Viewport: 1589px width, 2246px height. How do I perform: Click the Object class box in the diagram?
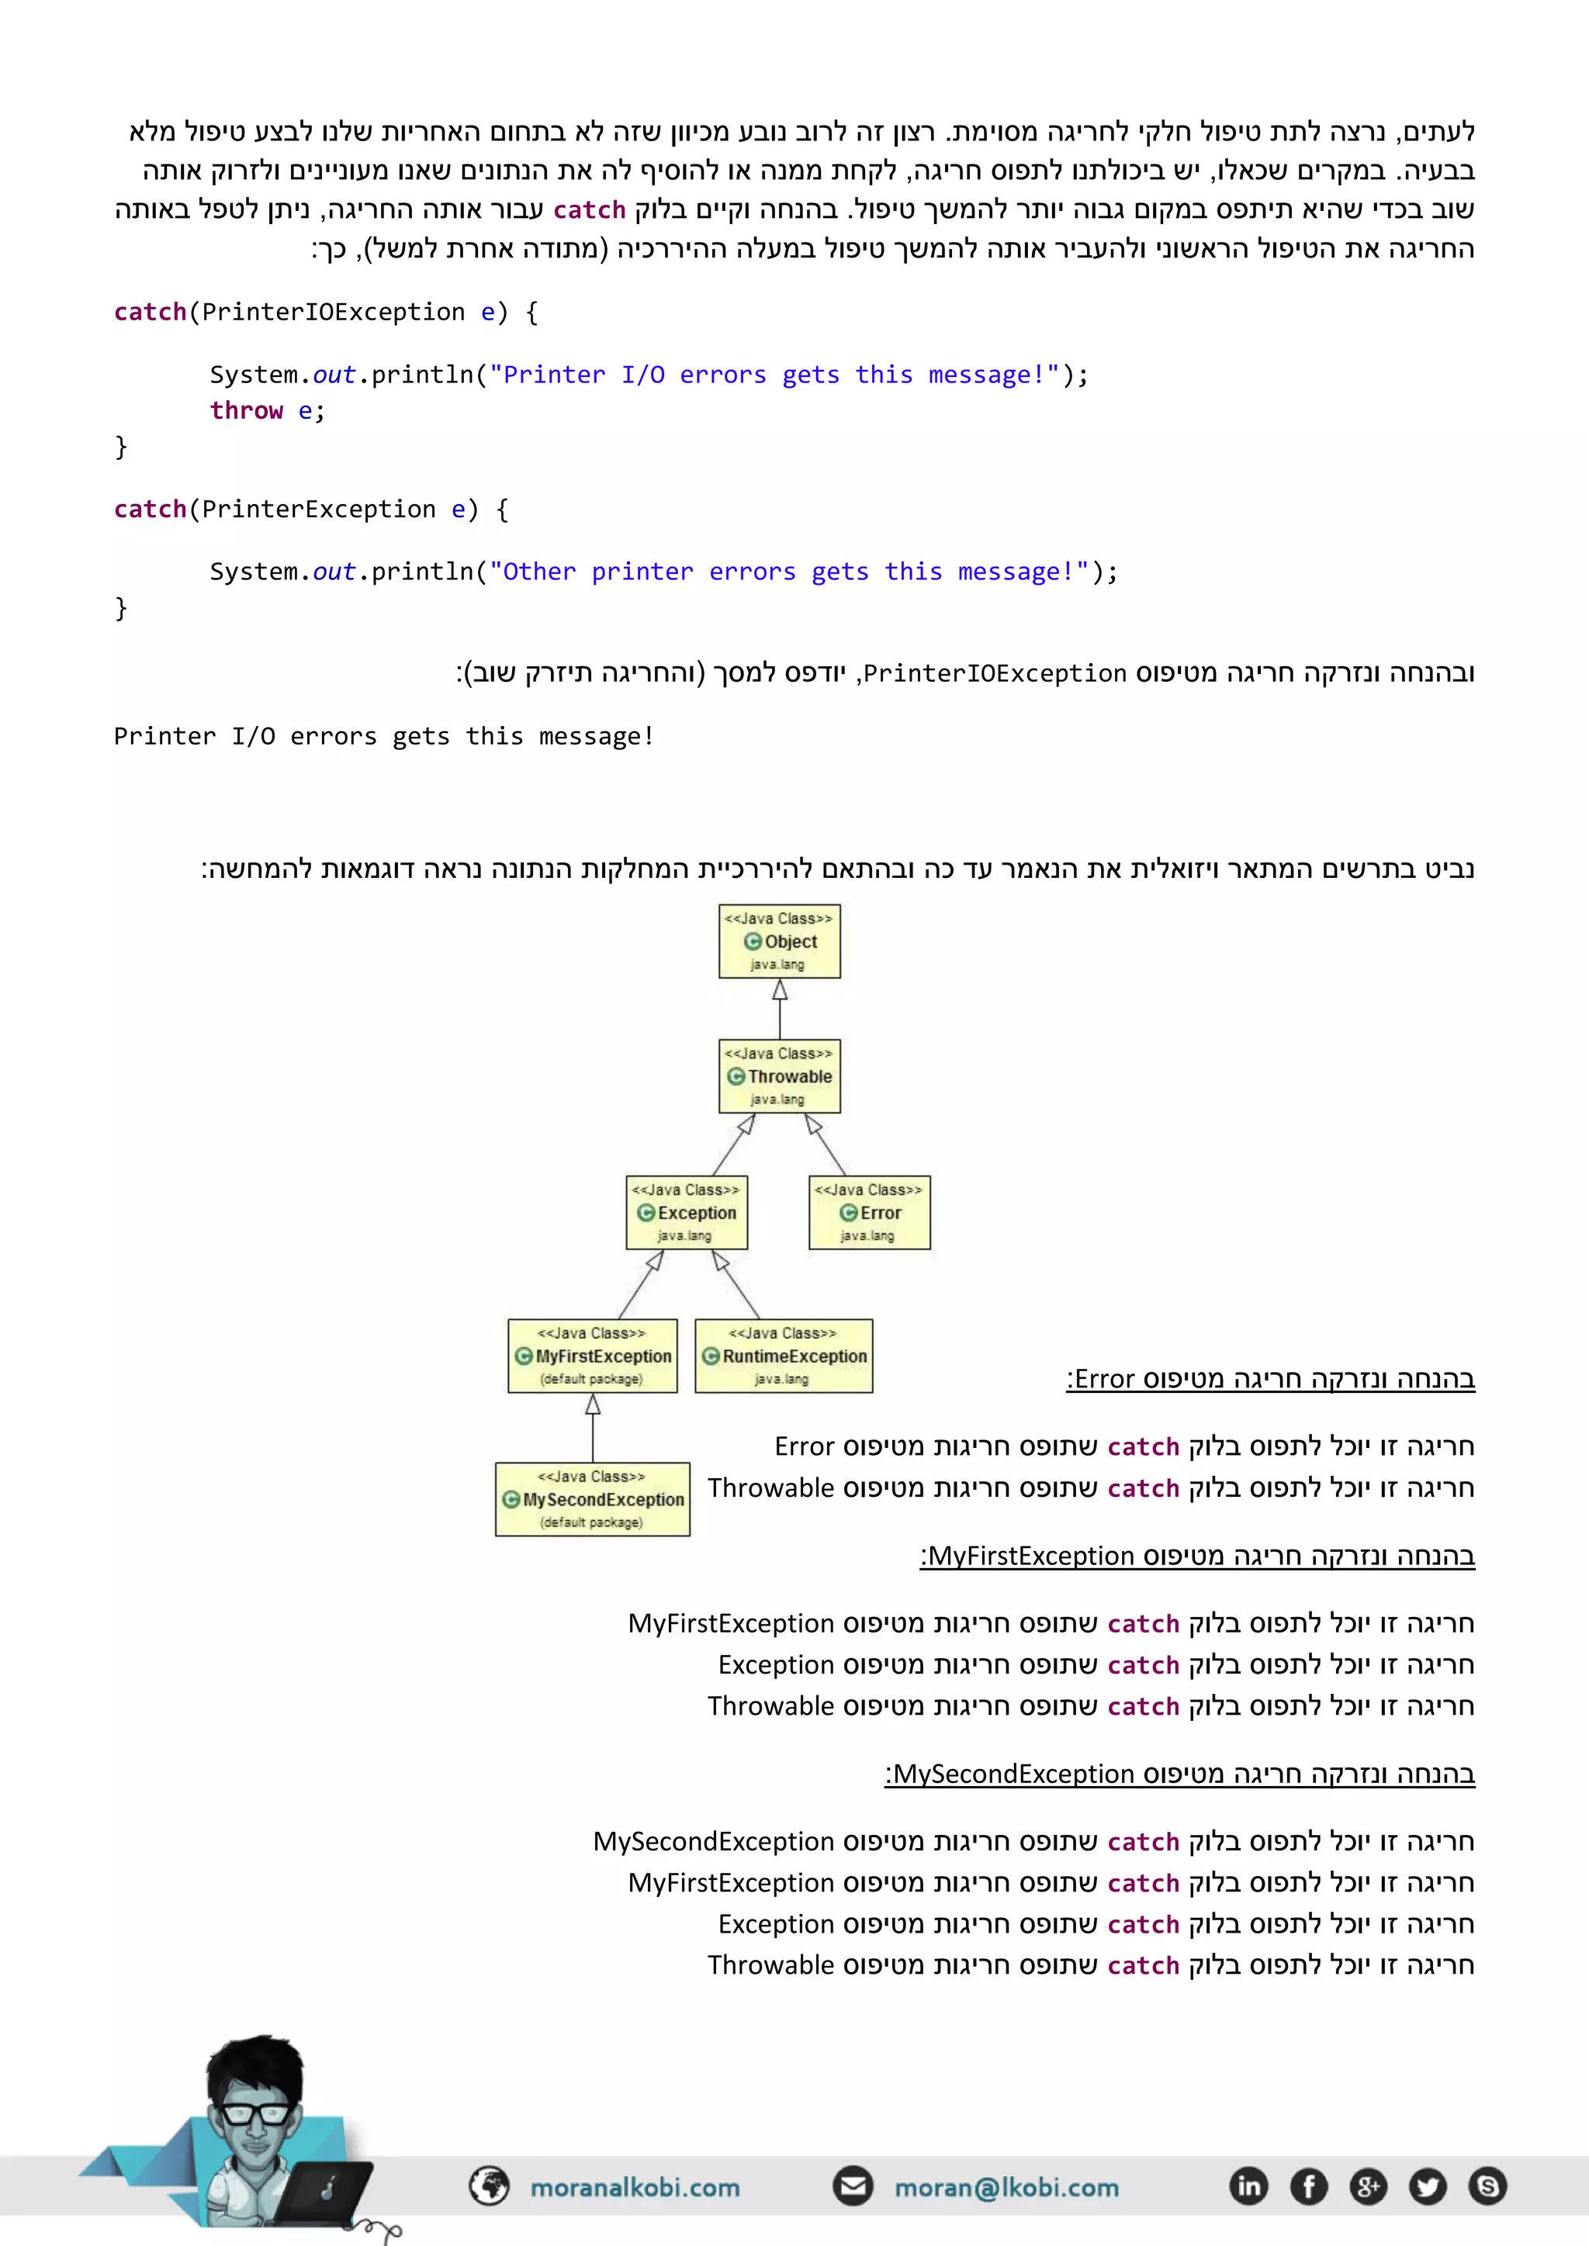[x=780, y=941]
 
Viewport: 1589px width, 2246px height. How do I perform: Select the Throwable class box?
[x=780, y=1076]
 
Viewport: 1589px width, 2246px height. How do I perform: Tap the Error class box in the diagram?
[x=869, y=1213]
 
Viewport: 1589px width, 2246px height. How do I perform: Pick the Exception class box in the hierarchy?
[x=687, y=1213]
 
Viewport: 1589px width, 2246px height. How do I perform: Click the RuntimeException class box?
[x=784, y=1356]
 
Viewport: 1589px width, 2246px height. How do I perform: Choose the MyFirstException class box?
[x=592, y=1356]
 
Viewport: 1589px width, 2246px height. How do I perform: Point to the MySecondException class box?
[x=592, y=1498]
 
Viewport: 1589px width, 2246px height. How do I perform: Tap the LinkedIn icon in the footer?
[x=1248, y=2186]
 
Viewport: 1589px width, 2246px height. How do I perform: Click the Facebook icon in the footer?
[x=1308, y=2186]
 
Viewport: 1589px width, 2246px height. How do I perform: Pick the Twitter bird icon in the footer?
[x=1428, y=2186]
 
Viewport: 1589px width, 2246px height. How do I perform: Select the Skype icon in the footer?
[x=1487, y=2186]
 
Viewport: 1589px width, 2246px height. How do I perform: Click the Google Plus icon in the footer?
[x=1368, y=2186]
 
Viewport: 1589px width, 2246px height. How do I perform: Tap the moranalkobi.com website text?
[x=634, y=2187]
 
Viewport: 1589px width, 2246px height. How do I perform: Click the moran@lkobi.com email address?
[x=1006, y=2187]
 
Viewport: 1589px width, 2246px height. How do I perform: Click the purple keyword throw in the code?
[x=246, y=411]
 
